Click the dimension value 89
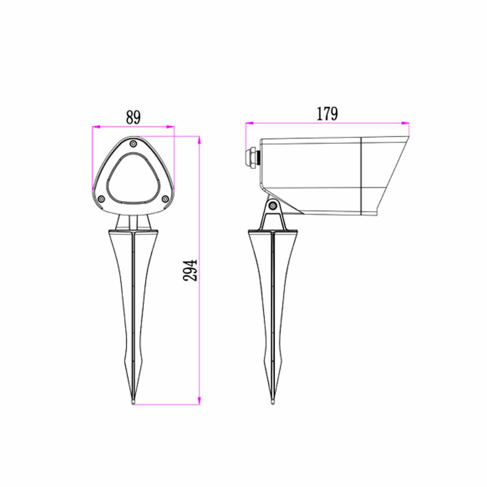pyautogui.click(x=133, y=117)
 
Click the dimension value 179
pyautogui.click(x=327, y=114)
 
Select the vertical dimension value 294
pyautogui.click(x=190, y=270)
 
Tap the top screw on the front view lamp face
pyautogui.click(x=134, y=143)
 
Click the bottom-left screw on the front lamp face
pyautogui.click(x=101, y=198)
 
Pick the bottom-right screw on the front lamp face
pyautogui.click(x=165, y=198)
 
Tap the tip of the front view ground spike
pyautogui.click(x=134, y=402)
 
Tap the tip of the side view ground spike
pyautogui.click(x=274, y=402)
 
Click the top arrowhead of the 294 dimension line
pyautogui.click(x=199, y=140)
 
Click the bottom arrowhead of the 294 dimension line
pyautogui.click(x=199, y=401)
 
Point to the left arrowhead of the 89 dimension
pyautogui.click(x=95, y=127)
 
